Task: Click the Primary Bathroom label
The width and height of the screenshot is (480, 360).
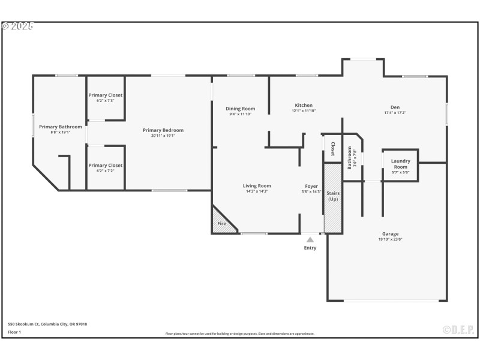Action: [x=61, y=127]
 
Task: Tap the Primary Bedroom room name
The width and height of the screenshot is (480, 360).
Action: [x=163, y=130]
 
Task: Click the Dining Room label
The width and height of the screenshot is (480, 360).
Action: [x=240, y=109]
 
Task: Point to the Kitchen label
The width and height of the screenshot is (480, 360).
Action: [x=303, y=105]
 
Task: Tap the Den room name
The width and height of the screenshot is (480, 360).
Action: [x=395, y=107]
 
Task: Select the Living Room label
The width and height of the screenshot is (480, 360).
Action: [x=257, y=186]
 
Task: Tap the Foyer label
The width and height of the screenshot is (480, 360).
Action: [x=311, y=186]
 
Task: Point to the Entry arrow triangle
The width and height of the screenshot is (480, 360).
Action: [x=310, y=239]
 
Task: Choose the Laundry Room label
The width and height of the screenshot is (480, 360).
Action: [x=400, y=163]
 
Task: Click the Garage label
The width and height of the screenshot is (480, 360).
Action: [x=390, y=234]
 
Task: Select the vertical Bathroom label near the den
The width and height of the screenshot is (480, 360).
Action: [x=350, y=157]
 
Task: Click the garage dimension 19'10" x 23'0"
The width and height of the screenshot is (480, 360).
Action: [x=390, y=239]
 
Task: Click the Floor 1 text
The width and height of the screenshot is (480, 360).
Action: [x=14, y=332]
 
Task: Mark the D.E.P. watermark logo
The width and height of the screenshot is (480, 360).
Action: [x=458, y=329]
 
